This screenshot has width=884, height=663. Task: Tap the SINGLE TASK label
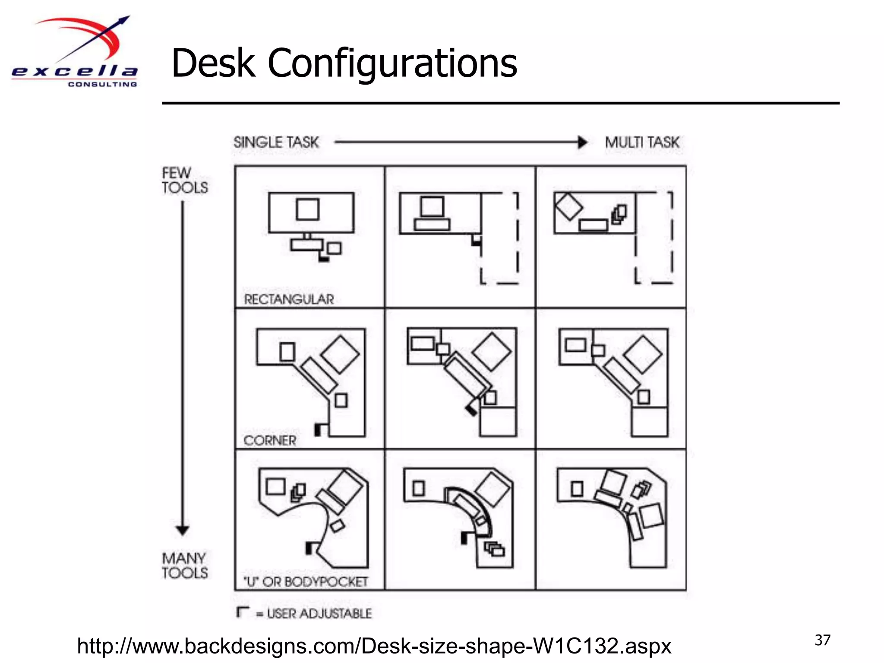click(276, 142)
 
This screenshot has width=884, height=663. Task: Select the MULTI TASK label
click(641, 142)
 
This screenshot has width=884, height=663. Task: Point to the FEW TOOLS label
click(184, 180)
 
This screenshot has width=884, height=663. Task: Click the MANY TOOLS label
click(184, 565)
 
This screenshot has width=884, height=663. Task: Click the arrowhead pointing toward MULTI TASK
click(582, 142)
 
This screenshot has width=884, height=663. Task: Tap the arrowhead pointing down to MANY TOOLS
click(183, 530)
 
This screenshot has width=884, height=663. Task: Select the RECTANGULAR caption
click(289, 299)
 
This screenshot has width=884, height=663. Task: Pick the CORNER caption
click(270, 441)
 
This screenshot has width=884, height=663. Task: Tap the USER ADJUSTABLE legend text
click(319, 613)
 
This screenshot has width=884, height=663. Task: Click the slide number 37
click(822, 640)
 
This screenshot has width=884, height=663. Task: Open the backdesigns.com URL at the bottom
click(374, 646)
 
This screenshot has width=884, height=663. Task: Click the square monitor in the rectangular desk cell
click(308, 209)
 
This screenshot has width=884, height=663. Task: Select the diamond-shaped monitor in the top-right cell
click(568, 206)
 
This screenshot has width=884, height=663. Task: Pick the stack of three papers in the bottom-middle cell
click(495, 549)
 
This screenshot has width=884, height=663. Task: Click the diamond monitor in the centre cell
click(491, 352)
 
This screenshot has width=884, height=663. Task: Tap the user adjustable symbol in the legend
click(243, 612)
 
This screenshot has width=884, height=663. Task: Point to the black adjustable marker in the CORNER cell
click(318, 429)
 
